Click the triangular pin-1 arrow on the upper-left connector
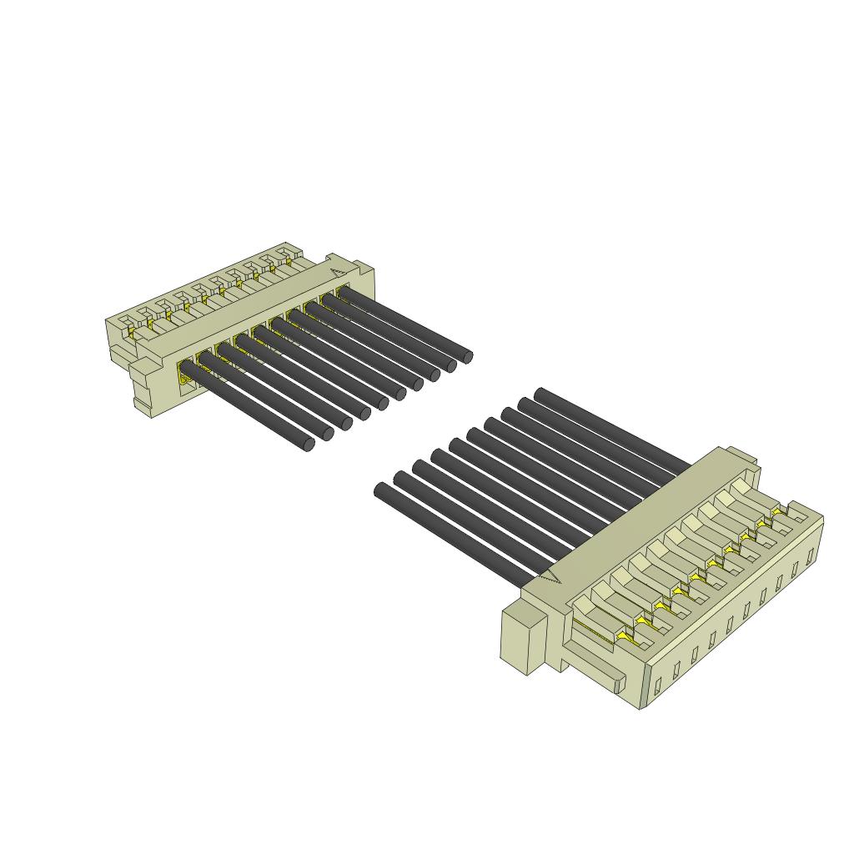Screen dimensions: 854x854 pyautogui.click(x=337, y=271)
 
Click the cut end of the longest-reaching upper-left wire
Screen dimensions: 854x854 pyautogui.click(x=309, y=445)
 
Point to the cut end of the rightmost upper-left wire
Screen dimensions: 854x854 pyautogui.click(x=467, y=357)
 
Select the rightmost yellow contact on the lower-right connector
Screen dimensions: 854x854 pyautogui.click(x=777, y=510)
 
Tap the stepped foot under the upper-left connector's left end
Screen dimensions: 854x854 pyautogui.click(x=143, y=392)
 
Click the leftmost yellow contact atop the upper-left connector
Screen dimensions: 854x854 pyautogui.click(x=132, y=333)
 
